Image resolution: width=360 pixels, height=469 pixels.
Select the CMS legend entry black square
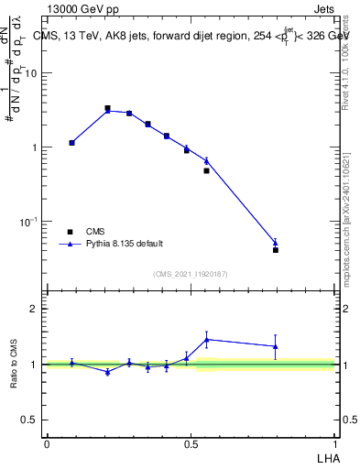(x=70, y=232)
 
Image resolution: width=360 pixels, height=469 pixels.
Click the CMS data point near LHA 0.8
(x=276, y=249)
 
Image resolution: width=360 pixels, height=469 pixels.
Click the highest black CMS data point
(x=107, y=108)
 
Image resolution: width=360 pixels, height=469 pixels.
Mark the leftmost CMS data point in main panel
(x=71, y=143)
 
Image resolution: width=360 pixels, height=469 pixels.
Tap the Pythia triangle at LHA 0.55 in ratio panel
(x=207, y=339)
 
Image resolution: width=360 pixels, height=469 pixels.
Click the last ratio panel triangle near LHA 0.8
(x=276, y=346)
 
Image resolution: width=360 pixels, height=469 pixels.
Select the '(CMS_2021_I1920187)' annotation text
(x=190, y=274)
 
